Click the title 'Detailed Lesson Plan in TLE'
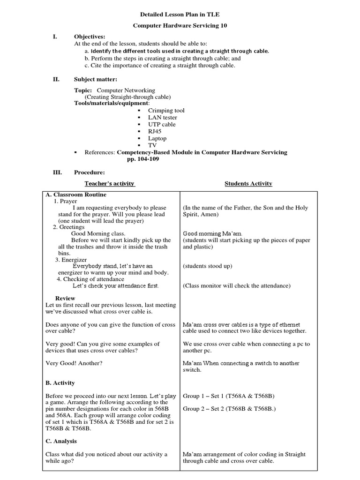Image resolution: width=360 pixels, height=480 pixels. pyautogui.click(x=180, y=15)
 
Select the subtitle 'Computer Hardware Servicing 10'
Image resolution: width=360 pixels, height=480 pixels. pyautogui.click(x=180, y=26)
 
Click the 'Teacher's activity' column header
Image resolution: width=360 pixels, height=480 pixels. pyautogui.click(x=109, y=184)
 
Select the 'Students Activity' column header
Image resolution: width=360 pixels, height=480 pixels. pyautogui.click(x=248, y=184)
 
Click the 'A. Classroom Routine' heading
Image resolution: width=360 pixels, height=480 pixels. pyautogui.click(x=76, y=195)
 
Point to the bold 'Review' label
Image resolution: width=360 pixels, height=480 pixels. pyautogui.click(x=65, y=298)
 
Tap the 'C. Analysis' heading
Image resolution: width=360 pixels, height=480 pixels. pyautogui.click(x=61, y=441)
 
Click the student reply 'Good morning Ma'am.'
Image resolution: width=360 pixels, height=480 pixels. pyautogui.click(x=212, y=233)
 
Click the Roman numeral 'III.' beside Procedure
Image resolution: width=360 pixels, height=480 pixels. pyautogui.click(x=57, y=172)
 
